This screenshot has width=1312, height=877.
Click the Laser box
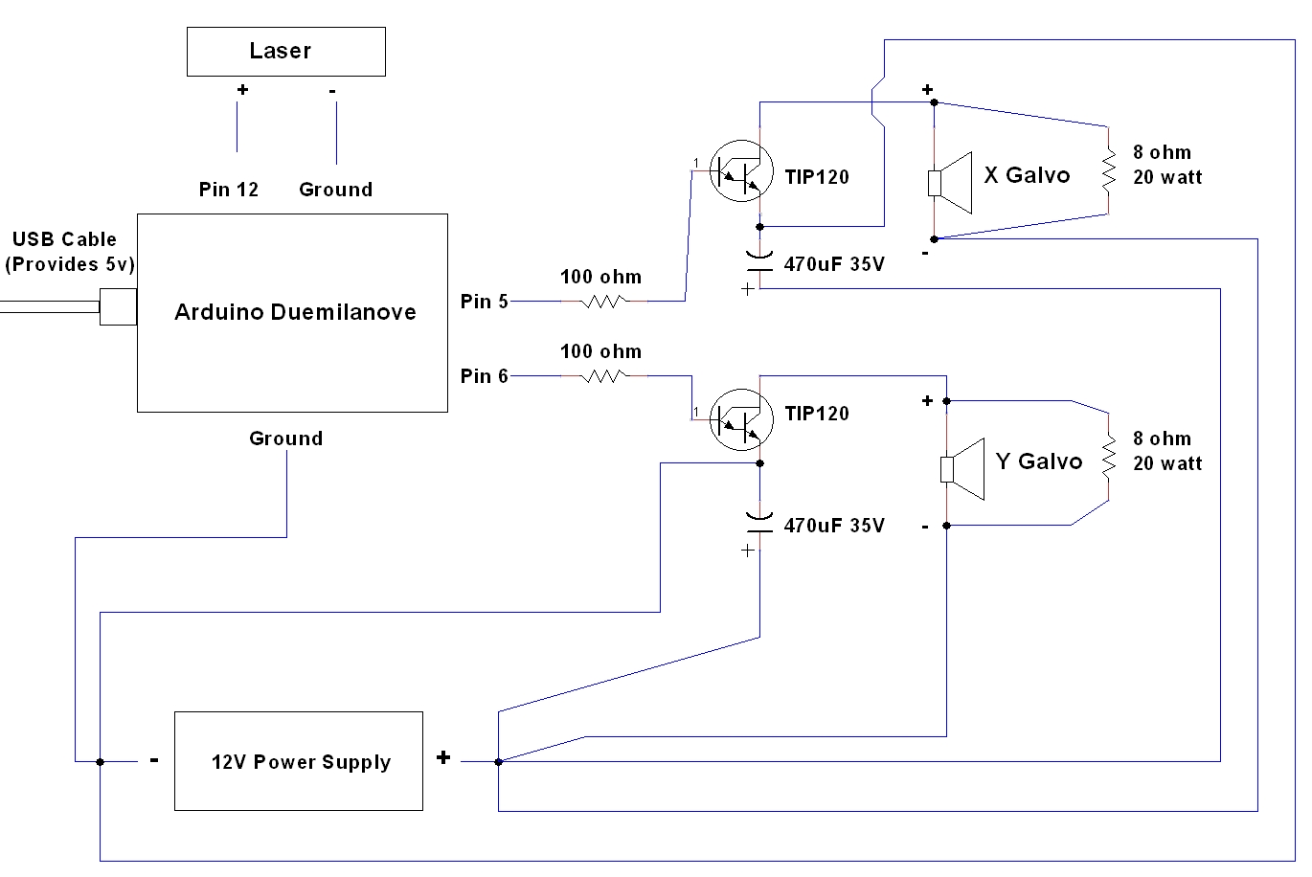(x=285, y=52)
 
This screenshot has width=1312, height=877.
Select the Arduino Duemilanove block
(x=292, y=313)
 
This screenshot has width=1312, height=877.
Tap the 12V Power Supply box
(x=298, y=761)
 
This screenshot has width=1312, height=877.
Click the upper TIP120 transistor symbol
(x=742, y=171)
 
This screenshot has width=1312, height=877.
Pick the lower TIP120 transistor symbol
(x=742, y=418)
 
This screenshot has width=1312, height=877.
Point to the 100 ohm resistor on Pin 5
(x=603, y=301)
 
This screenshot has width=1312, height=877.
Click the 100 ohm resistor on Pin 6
(x=603, y=376)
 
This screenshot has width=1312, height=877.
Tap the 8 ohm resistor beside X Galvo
(x=1108, y=170)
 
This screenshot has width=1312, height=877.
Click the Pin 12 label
(x=228, y=190)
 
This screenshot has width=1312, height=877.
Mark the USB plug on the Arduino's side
(x=118, y=306)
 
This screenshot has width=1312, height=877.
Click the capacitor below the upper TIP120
(x=759, y=263)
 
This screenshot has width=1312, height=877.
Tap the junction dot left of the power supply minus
(x=100, y=762)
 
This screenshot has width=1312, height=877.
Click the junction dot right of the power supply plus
(x=498, y=762)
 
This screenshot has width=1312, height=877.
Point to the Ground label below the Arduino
(x=285, y=438)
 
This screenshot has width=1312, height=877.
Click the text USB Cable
(x=64, y=239)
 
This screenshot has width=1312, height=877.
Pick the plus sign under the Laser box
(x=242, y=90)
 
